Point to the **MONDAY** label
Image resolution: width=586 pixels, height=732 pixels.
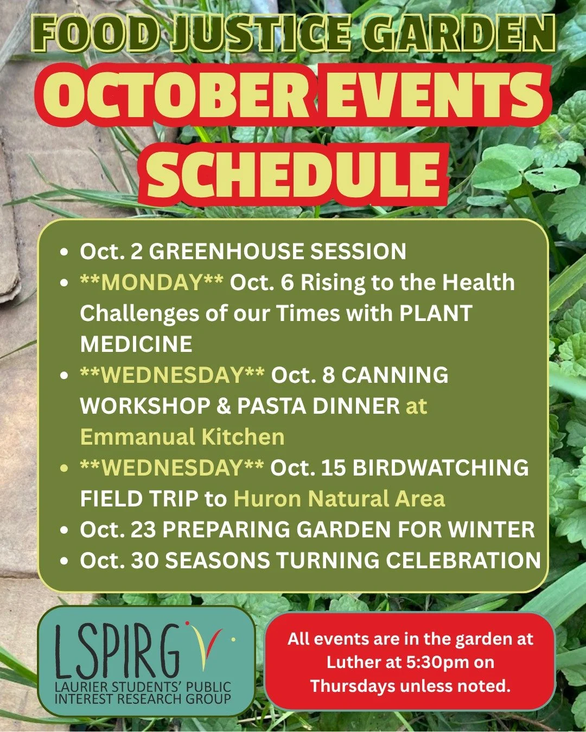click(x=151, y=282)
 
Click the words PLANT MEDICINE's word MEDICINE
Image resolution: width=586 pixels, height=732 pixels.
click(x=136, y=344)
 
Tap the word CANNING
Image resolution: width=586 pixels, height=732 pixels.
click(x=395, y=375)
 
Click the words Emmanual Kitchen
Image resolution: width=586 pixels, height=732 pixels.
click(x=182, y=437)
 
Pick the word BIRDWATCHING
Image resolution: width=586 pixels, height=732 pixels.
click(x=441, y=468)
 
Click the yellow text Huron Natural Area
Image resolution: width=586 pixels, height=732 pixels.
click(x=339, y=499)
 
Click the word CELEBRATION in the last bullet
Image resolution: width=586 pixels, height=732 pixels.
click(x=463, y=561)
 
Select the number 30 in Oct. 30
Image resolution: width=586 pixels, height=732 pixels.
click(x=144, y=561)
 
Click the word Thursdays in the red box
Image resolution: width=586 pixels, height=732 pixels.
click(x=353, y=686)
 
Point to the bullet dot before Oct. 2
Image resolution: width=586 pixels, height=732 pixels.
click(x=65, y=252)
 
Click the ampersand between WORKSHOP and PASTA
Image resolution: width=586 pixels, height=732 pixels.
click(x=224, y=406)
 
